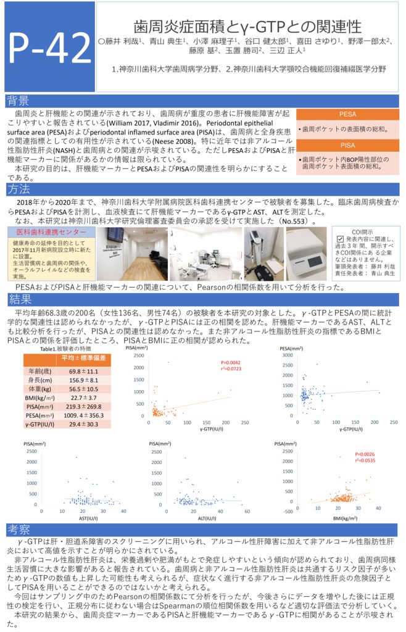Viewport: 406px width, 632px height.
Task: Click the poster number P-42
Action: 48,46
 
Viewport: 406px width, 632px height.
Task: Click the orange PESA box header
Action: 347,115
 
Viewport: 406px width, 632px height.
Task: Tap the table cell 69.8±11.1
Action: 84,372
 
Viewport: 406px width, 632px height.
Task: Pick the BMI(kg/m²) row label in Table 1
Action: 41,398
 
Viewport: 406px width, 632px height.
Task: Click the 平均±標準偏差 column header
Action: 84,359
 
